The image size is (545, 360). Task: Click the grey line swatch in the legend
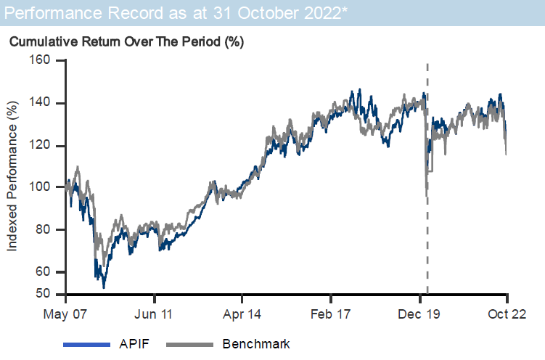pyautogui.click(x=190, y=344)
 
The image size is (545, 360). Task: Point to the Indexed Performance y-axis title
pyautogui.click(x=12, y=176)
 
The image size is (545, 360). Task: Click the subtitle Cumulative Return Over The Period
pyautogui.click(x=126, y=41)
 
